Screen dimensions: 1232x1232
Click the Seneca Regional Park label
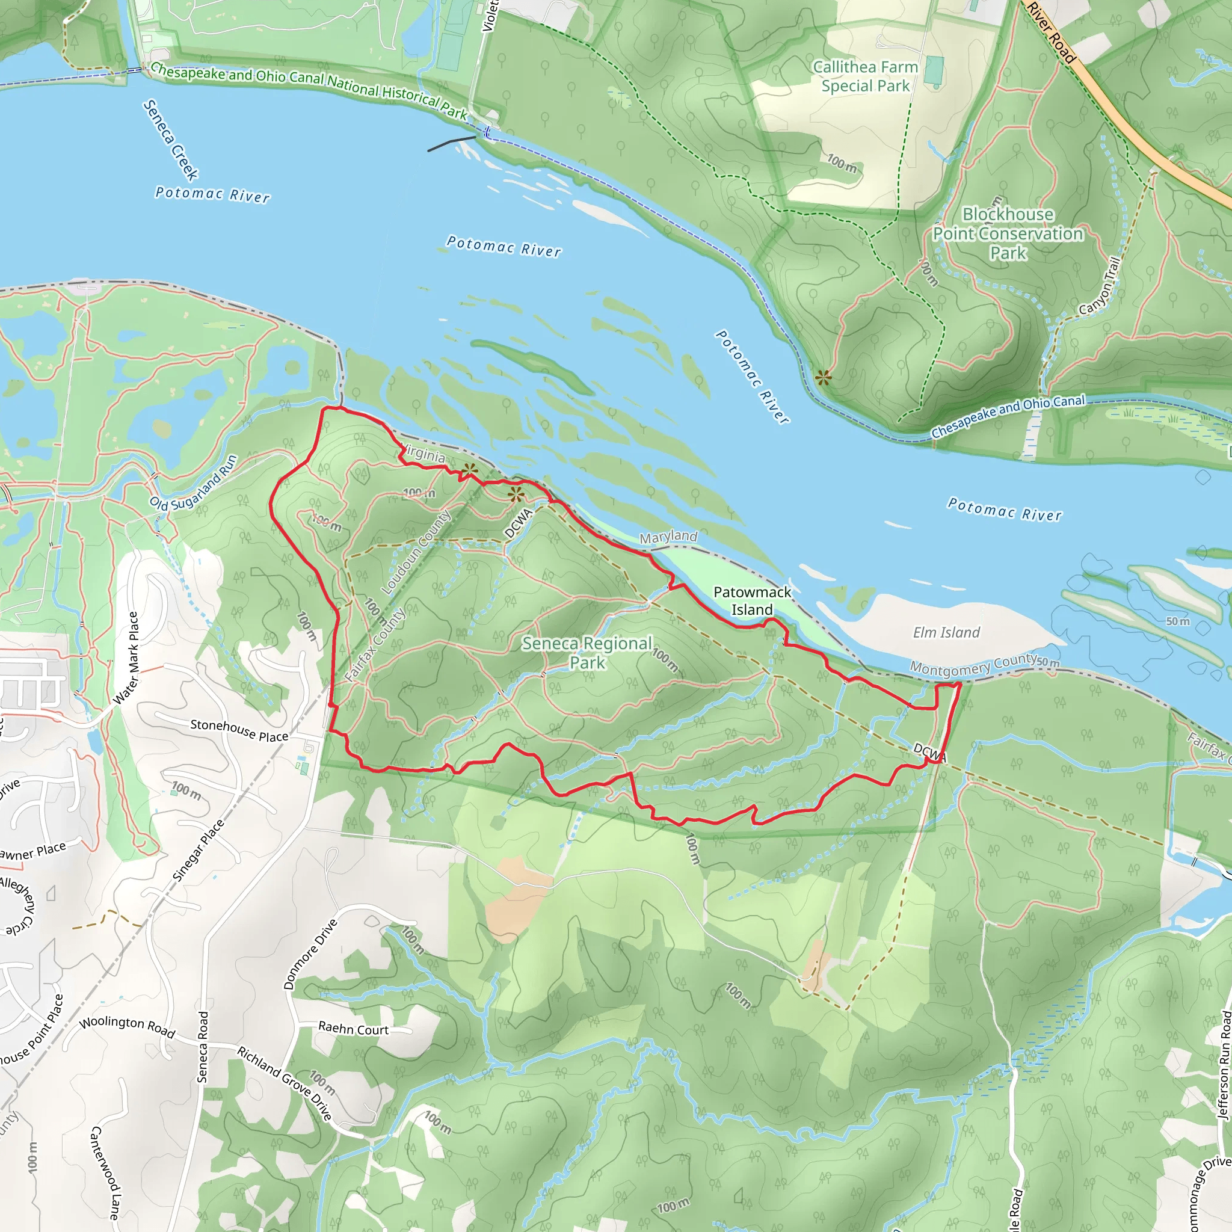click(x=587, y=652)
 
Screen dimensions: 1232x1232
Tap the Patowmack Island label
click(x=752, y=601)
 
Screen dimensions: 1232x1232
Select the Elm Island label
click(x=946, y=633)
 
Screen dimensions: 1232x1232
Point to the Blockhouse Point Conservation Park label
click(x=1008, y=233)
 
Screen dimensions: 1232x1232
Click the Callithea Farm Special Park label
click(x=865, y=76)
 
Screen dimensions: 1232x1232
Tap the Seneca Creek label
click(x=171, y=140)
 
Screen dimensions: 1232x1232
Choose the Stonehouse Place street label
click(x=239, y=731)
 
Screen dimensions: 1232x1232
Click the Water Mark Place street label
click(x=126, y=658)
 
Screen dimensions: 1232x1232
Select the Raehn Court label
click(x=353, y=1029)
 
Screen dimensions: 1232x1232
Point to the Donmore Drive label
click(x=310, y=954)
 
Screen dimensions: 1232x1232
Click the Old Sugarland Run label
click(x=193, y=482)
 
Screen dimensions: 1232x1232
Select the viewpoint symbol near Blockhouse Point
click(x=824, y=378)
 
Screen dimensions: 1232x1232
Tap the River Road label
click(x=1052, y=32)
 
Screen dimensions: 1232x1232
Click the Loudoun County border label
click(x=415, y=552)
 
